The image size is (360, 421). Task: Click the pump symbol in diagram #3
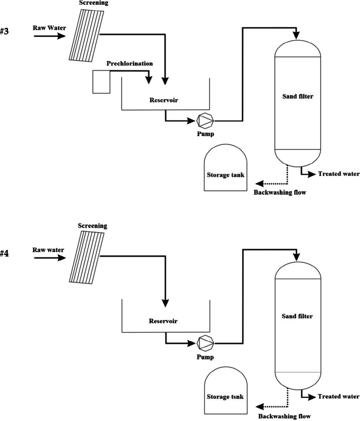click(205, 120)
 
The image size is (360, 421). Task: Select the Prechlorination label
click(130, 63)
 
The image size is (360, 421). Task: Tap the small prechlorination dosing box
click(101, 81)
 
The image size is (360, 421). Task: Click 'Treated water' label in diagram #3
click(339, 174)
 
